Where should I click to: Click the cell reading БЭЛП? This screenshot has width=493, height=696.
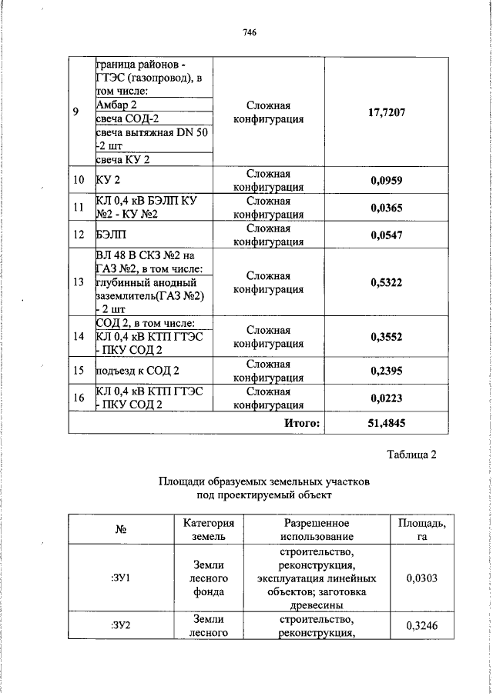pyautogui.click(x=109, y=235)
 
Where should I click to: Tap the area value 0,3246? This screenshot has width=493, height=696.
pyautogui.click(x=421, y=626)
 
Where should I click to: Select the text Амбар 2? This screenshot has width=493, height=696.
pyautogui.click(x=116, y=104)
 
